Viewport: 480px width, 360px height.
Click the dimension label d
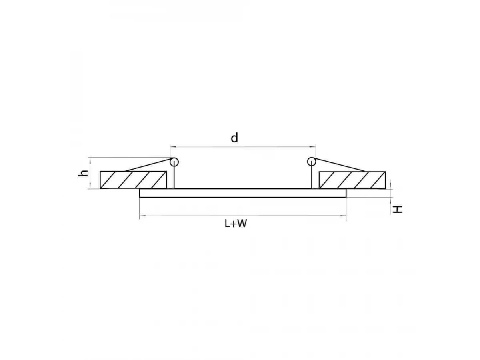coord(234,138)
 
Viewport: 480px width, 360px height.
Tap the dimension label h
coord(83,173)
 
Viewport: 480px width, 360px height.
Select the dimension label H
coord(397,209)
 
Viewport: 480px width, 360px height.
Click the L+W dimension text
coord(236,224)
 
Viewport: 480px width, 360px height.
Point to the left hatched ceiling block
coord(133,180)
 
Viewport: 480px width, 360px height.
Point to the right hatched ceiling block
coord(352,180)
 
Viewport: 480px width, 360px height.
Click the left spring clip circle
coord(174,162)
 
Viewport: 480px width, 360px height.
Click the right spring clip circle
coord(311,162)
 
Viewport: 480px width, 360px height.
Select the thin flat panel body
coord(243,193)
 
